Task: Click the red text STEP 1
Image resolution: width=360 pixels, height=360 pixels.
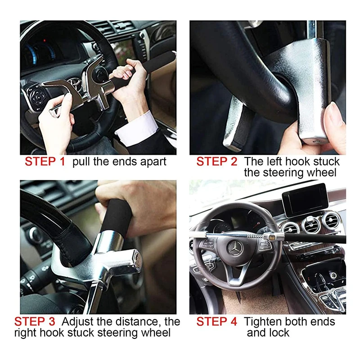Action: click(x=45, y=162)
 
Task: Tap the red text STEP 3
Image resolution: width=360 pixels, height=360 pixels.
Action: click(x=35, y=322)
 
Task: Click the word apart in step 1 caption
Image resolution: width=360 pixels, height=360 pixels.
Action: click(x=151, y=162)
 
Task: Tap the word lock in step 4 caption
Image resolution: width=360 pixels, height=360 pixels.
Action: click(x=279, y=333)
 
